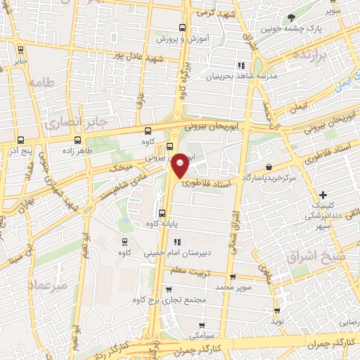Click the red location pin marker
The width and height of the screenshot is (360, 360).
(180, 165)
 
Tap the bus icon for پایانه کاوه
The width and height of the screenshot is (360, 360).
(162, 213)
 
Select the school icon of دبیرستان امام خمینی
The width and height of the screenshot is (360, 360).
(167, 243)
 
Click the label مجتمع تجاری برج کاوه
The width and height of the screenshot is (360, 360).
(173, 299)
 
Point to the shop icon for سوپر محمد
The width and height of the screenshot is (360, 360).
(232, 277)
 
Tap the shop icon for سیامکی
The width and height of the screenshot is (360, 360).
(202, 326)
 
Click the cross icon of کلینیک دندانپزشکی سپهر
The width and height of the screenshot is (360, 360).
(323, 194)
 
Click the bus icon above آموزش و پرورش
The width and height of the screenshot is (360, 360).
(183, 27)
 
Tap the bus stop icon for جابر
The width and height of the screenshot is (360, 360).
(20, 49)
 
